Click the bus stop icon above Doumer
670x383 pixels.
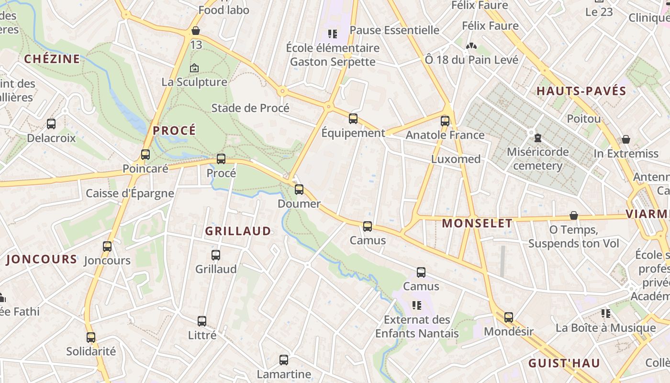(299, 190)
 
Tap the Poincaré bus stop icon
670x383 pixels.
(145, 155)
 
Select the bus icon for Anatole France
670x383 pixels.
(445, 121)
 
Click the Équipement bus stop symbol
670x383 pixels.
(353, 119)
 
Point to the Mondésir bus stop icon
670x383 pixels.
(509, 317)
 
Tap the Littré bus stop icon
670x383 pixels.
(202, 321)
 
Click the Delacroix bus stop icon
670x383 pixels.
(51, 124)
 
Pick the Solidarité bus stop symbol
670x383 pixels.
(91, 337)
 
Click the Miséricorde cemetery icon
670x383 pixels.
(538, 138)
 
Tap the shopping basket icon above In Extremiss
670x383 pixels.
(626, 139)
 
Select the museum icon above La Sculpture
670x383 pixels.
(194, 68)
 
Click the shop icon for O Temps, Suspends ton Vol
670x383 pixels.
(573, 216)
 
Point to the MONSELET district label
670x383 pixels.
(477, 223)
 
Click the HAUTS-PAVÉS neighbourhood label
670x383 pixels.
(581, 91)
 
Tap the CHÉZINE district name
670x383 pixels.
(52, 59)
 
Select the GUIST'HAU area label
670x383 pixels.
(564, 363)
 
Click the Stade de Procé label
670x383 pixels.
(250, 108)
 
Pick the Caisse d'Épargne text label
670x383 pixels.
(130, 193)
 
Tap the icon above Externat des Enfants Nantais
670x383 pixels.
(417, 305)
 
